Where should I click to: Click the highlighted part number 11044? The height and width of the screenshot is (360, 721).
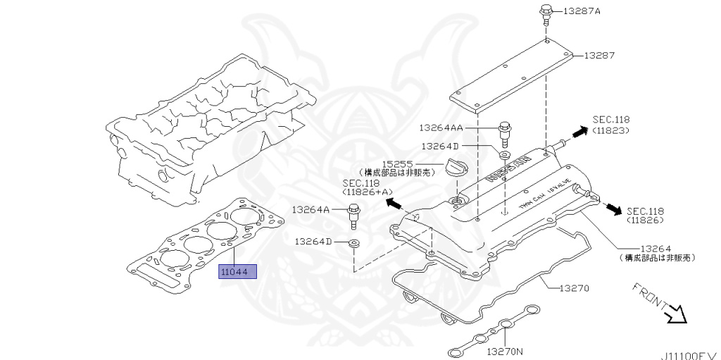(x=238, y=271)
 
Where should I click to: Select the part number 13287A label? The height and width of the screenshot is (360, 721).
(x=582, y=12)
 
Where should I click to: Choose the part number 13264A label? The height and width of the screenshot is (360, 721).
(x=311, y=209)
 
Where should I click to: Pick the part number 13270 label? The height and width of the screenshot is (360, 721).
(x=584, y=288)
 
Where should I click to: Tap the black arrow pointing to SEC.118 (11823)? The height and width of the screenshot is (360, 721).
(x=578, y=132)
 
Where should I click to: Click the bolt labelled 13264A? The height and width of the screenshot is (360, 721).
(x=353, y=214)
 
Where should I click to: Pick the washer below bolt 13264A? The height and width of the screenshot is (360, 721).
(x=353, y=244)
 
